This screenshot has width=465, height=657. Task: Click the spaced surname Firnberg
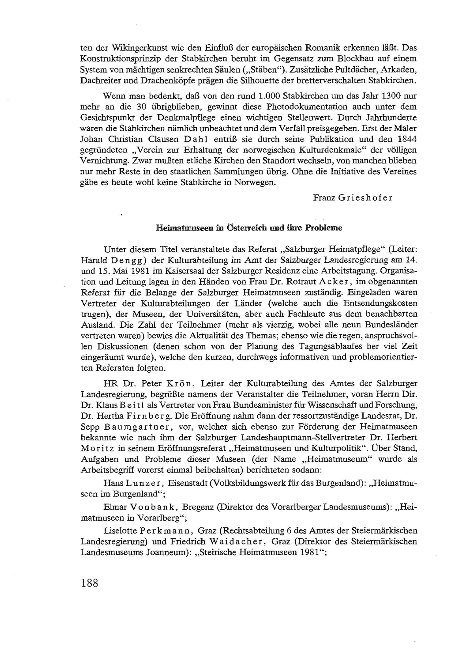[x=141, y=416]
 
